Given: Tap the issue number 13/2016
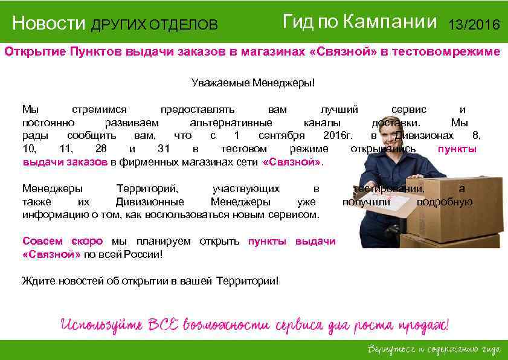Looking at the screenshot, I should click(474, 25).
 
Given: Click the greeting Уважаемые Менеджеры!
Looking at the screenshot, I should click(253, 83).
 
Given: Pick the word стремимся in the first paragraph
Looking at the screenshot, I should click(99, 109).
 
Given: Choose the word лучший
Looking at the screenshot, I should click(339, 109).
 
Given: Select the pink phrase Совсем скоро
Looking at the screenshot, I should click(62, 242).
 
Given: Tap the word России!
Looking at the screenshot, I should click(142, 254).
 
